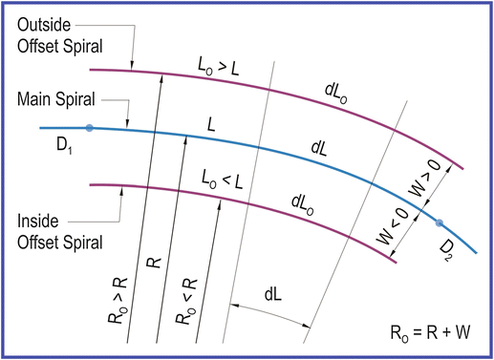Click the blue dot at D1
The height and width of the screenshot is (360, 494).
tap(88, 127)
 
